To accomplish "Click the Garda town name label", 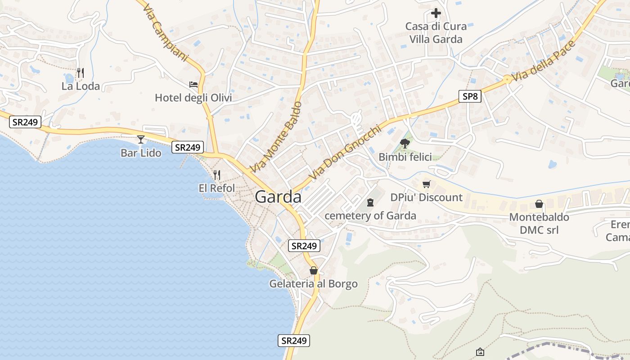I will coord(278,197).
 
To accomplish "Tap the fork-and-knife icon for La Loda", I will coord(81,72).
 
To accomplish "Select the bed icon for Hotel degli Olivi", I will coord(193,85).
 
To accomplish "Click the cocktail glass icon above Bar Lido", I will coord(141,139).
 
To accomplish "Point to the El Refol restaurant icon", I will coord(217,175).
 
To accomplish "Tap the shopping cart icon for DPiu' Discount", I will coord(427,184).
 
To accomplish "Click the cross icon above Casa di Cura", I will coord(436,13).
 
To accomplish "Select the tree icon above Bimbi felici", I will coord(405,144).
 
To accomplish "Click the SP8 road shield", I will coord(470,96).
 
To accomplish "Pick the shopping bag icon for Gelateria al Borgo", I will coord(314,270).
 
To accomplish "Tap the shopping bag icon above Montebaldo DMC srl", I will coord(539,204).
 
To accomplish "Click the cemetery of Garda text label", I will coord(370,216).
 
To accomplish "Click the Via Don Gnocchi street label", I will coord(345,153).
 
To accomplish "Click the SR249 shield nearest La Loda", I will coord(25,121).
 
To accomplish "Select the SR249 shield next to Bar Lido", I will coord(188,147).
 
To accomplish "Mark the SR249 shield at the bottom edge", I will coord(294,341).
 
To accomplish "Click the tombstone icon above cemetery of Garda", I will coord(370,202).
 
